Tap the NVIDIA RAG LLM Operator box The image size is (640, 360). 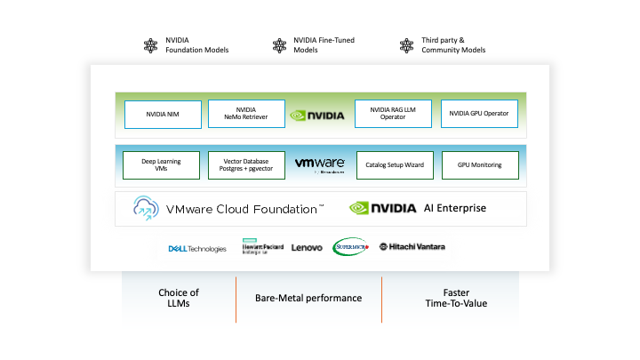(392, 114)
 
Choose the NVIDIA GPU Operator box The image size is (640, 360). (477, 114)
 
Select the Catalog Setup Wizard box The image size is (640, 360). (392, 164)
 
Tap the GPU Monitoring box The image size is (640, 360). (477, 164)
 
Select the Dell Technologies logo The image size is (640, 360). (197, 248)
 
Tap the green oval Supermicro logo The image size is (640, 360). (349, 247)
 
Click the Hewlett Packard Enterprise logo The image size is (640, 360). (261, 248)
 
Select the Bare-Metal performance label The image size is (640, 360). (308, 298)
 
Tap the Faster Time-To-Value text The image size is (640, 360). (455, 298)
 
